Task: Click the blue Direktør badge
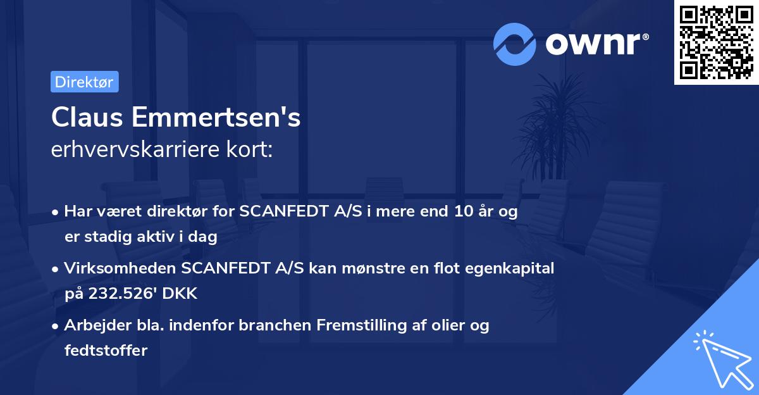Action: (x=84, y=82)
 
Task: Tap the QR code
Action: (x=716, y=42)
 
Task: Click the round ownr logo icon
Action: (x=515, y=44)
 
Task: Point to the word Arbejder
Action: (x=92, y=325)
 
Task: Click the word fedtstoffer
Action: (x=106, y=350)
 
